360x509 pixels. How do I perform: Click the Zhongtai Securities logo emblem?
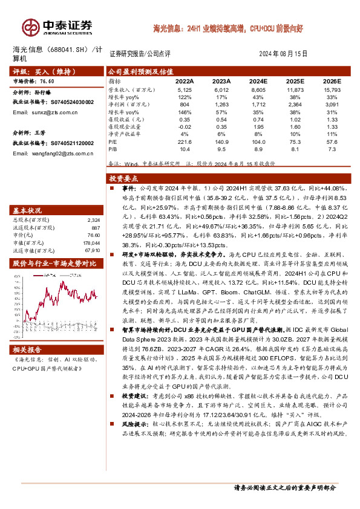31,27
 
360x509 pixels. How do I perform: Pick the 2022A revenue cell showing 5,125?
185,89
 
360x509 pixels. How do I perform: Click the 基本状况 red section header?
28,210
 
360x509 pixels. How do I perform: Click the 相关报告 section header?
28,349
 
